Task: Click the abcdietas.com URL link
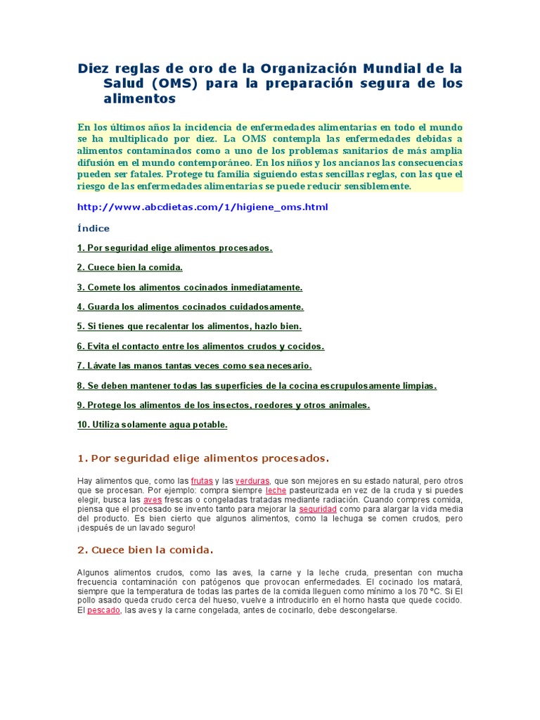click(x=202, y=207)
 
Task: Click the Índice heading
click(x=93, y=229)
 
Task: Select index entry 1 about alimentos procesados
click(x=174, y=248)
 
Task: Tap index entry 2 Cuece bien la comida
click(x=129, y=268)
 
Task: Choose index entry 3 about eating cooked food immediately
click(x=190, y=288)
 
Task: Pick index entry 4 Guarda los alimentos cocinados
click(x=191, y=307)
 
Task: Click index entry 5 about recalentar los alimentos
click(x=189, y=327)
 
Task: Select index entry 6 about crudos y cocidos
click(x=200, y=347)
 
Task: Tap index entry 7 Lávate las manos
click(x=194, y=366)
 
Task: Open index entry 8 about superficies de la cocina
click(x=257, y=386)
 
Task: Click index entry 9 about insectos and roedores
click(x=224, y=406)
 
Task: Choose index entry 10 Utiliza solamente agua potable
click(x=152, y=425)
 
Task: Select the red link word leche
click(x=276, y=490)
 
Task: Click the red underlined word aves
click(x=153, y=500)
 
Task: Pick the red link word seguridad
click(x=318, y=509)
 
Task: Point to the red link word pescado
click(x=104, y=611)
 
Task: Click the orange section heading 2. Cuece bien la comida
click(x=145, y=550)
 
